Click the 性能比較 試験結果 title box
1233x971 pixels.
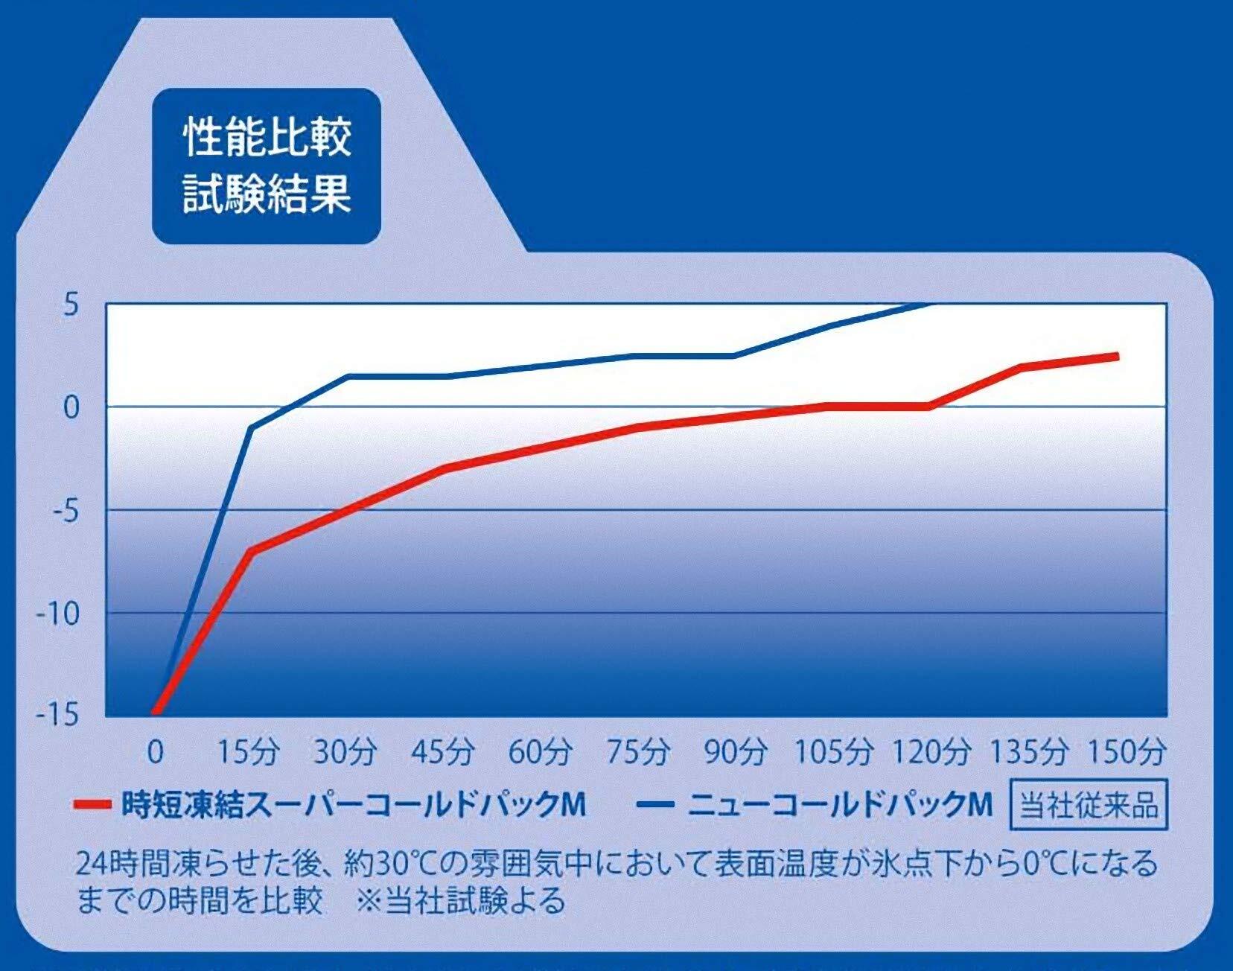(267, 165)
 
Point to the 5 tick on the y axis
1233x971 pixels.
(71, 305)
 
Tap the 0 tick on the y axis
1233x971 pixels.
(71, 407)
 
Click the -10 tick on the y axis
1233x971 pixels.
(57, 614)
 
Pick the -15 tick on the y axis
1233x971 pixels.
(57, 716)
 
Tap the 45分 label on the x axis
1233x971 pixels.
(443, 752)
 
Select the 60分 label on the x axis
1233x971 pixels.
(540, 752)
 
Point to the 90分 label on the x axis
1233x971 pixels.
(735, 752)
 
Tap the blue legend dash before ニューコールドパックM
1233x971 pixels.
(654, 805)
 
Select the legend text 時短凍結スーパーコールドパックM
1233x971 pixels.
(354, 805)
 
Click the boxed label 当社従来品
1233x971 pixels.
(1088, 805)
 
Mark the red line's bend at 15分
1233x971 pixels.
(251, 550)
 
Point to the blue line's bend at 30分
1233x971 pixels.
(348, 377)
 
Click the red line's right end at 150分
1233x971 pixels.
(1117, 357)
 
